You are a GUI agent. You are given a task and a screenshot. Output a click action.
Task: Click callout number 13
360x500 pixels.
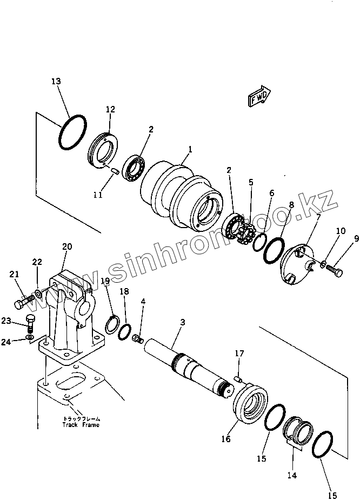[56, 81]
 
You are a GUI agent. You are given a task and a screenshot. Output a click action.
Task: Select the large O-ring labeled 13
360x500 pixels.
[72, 132]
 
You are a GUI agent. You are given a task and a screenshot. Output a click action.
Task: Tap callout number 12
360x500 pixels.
[110, 109]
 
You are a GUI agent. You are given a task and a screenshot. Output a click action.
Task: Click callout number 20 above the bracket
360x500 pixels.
[67, 246]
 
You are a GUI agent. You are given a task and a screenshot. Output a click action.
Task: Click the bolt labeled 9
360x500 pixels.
[334, 270]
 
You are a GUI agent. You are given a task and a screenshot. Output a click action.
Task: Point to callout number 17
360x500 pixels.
[239, 354]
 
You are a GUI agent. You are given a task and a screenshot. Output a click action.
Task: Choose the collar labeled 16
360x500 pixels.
[250, 402]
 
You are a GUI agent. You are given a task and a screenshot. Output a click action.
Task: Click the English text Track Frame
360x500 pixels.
[80, 425]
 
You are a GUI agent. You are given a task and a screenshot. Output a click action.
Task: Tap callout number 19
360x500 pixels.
[105, 281]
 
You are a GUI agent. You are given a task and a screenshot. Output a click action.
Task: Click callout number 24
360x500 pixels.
[21, 341]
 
